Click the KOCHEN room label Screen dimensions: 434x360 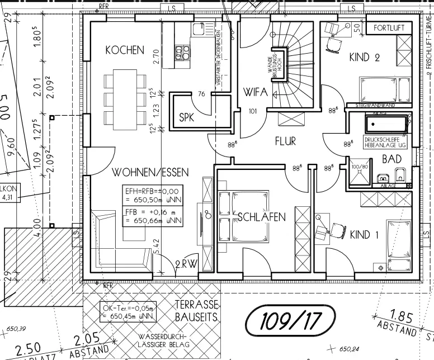125,50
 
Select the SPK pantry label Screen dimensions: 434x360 186,117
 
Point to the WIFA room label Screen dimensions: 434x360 256,92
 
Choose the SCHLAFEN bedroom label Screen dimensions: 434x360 262,216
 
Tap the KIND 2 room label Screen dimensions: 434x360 364,56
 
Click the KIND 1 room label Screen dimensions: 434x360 364,235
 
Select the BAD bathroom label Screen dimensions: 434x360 392,159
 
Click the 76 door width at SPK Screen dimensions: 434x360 202,93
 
